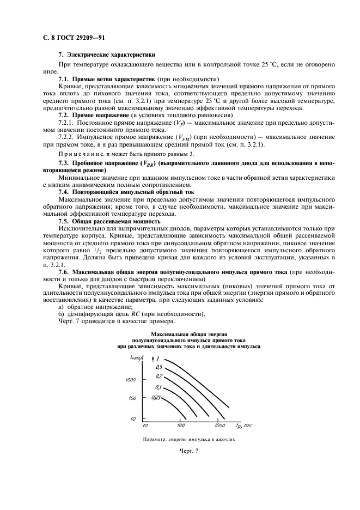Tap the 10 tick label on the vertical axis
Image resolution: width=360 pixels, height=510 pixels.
pos(133,418)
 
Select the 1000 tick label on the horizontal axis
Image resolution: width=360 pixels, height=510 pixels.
pos(219,425)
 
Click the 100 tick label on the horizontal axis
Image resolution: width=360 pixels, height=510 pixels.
pos(182,425)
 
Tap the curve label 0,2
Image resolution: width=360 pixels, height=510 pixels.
pos(159,377)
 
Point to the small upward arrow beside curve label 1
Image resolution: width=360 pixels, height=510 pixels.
pos(151,359)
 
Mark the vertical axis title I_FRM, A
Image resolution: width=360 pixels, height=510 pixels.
pos(136,357)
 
